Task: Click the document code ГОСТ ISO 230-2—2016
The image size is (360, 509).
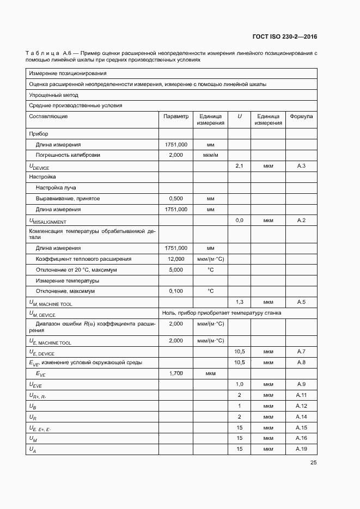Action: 285,37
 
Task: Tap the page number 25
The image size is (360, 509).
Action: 313,463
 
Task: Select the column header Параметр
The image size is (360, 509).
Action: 175,116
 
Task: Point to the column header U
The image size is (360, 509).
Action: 239,116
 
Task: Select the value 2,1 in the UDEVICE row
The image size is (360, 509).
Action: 239,165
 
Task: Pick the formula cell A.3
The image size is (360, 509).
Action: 301,165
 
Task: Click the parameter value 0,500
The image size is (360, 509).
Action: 175,199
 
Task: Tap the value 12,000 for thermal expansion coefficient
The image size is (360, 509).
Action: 175,259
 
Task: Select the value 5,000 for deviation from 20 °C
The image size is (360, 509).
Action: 175,269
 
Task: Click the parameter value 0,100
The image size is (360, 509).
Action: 175,291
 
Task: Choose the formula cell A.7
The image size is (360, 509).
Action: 301,352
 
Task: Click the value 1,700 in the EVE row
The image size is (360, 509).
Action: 175,373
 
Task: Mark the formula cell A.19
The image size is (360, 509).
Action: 301,449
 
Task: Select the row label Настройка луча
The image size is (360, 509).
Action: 56,188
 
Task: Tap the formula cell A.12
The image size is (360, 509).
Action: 301,406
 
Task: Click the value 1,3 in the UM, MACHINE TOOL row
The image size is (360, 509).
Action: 239,302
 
